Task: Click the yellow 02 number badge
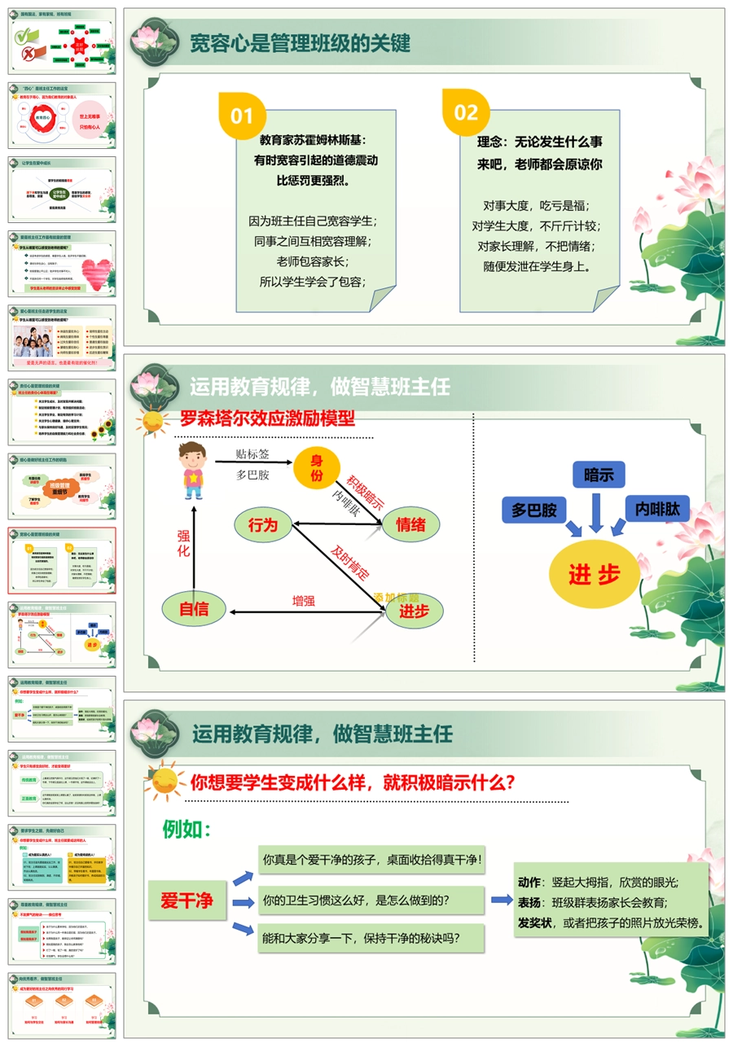click(466, 112)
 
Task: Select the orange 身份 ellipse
click(317, 467)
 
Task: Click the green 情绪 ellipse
click(410, 525)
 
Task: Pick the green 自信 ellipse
click(193, 608)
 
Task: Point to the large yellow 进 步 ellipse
click(594, 575)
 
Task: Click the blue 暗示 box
click(599, 475)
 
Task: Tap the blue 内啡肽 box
click(657, 508)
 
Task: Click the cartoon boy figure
click(191, 471)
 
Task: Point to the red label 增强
click(304, 602)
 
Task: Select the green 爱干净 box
click(187, 900)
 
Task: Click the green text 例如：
click(187, 830)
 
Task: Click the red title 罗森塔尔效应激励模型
click(268, 419)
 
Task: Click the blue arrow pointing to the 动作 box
click(501, 900)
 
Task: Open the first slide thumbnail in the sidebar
click(62, 42)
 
